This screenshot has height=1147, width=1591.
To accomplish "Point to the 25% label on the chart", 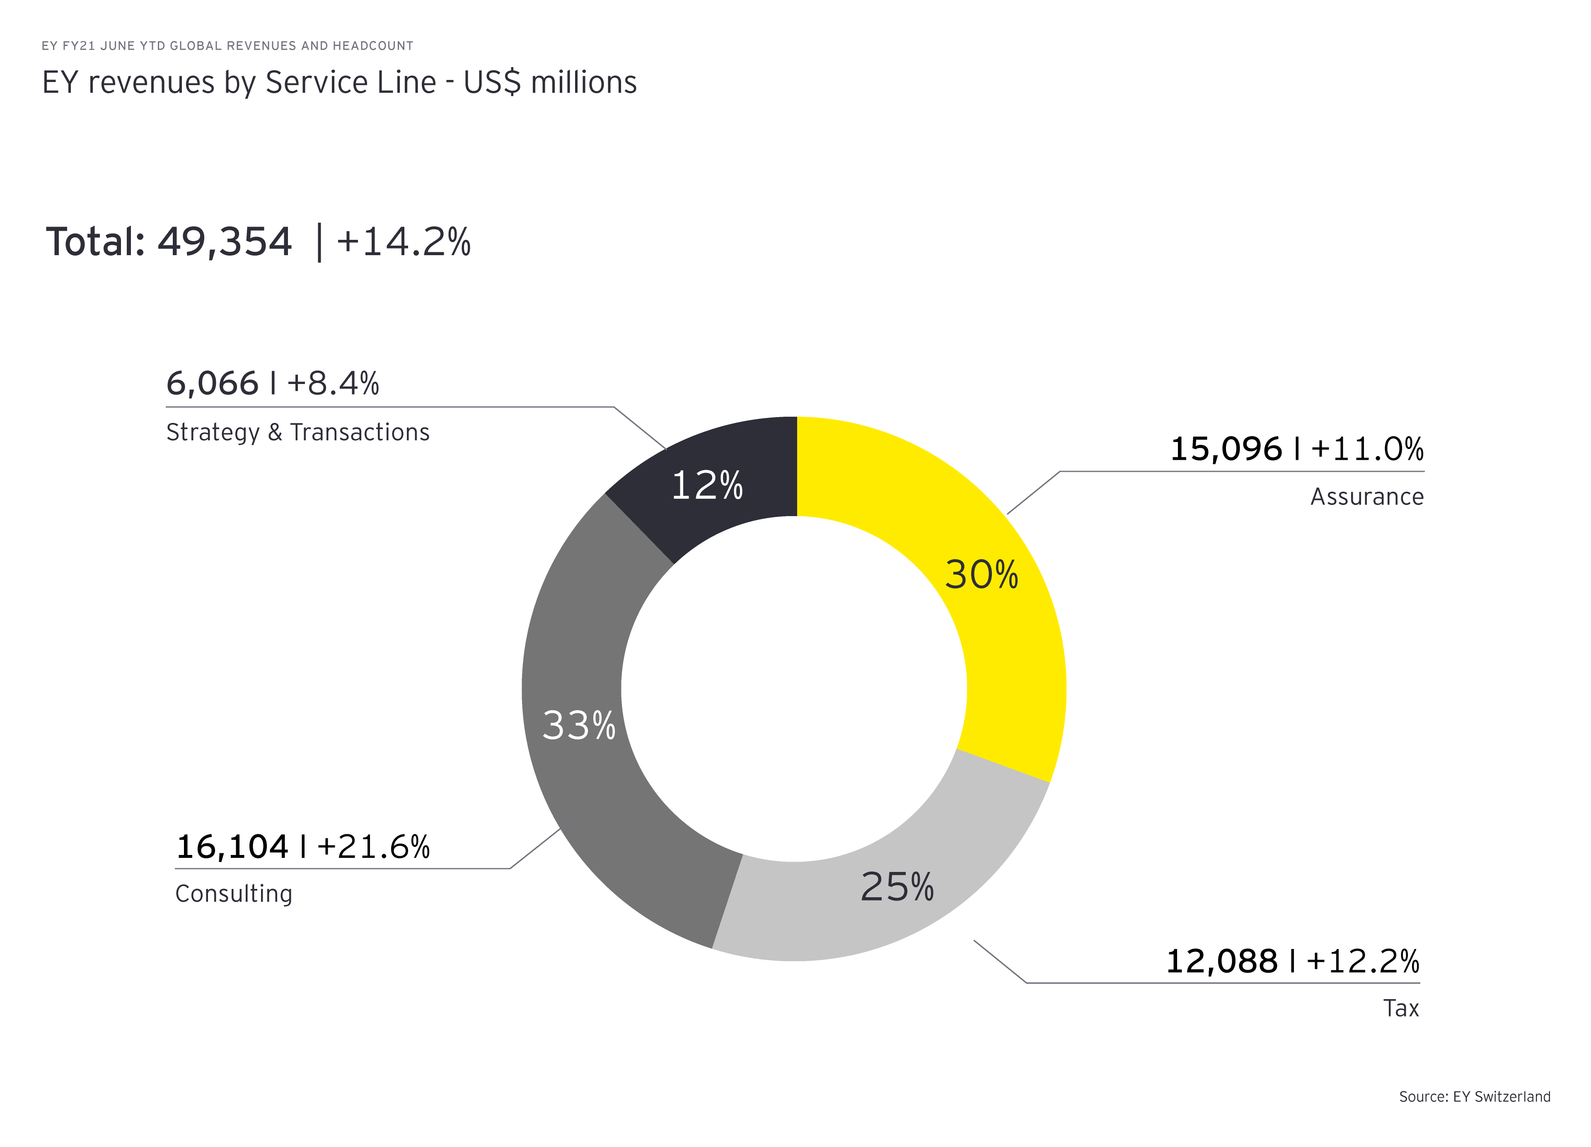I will pyautogui.click(x=897, y=887).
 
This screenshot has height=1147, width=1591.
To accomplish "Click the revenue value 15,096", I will pyautogui.click(x=1226, y=449).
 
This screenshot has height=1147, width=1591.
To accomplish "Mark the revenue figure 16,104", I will pyautogui.click(x=232, y=847).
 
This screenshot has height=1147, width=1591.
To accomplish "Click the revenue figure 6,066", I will pyautogui.click(x=212, y=384).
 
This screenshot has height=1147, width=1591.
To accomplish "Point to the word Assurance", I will pyautogui.click(x=1366, y=497).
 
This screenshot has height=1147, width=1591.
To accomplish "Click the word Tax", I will pyautogui.click(x=1401, y=1008).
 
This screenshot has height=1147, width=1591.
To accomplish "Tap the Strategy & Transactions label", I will pyautogui.click(x=297, y=432).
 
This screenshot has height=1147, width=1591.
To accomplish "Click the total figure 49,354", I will pyautogui.click(x=225, y=242).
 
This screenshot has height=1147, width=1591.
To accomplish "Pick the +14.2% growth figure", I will pyautogui.click(x=404, y=242).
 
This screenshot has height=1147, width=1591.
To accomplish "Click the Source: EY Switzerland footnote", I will pyautogui.click(x=1475, y=1096).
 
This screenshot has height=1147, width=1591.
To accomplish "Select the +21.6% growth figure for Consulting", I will pyautogui.click(x=373, y=847).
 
